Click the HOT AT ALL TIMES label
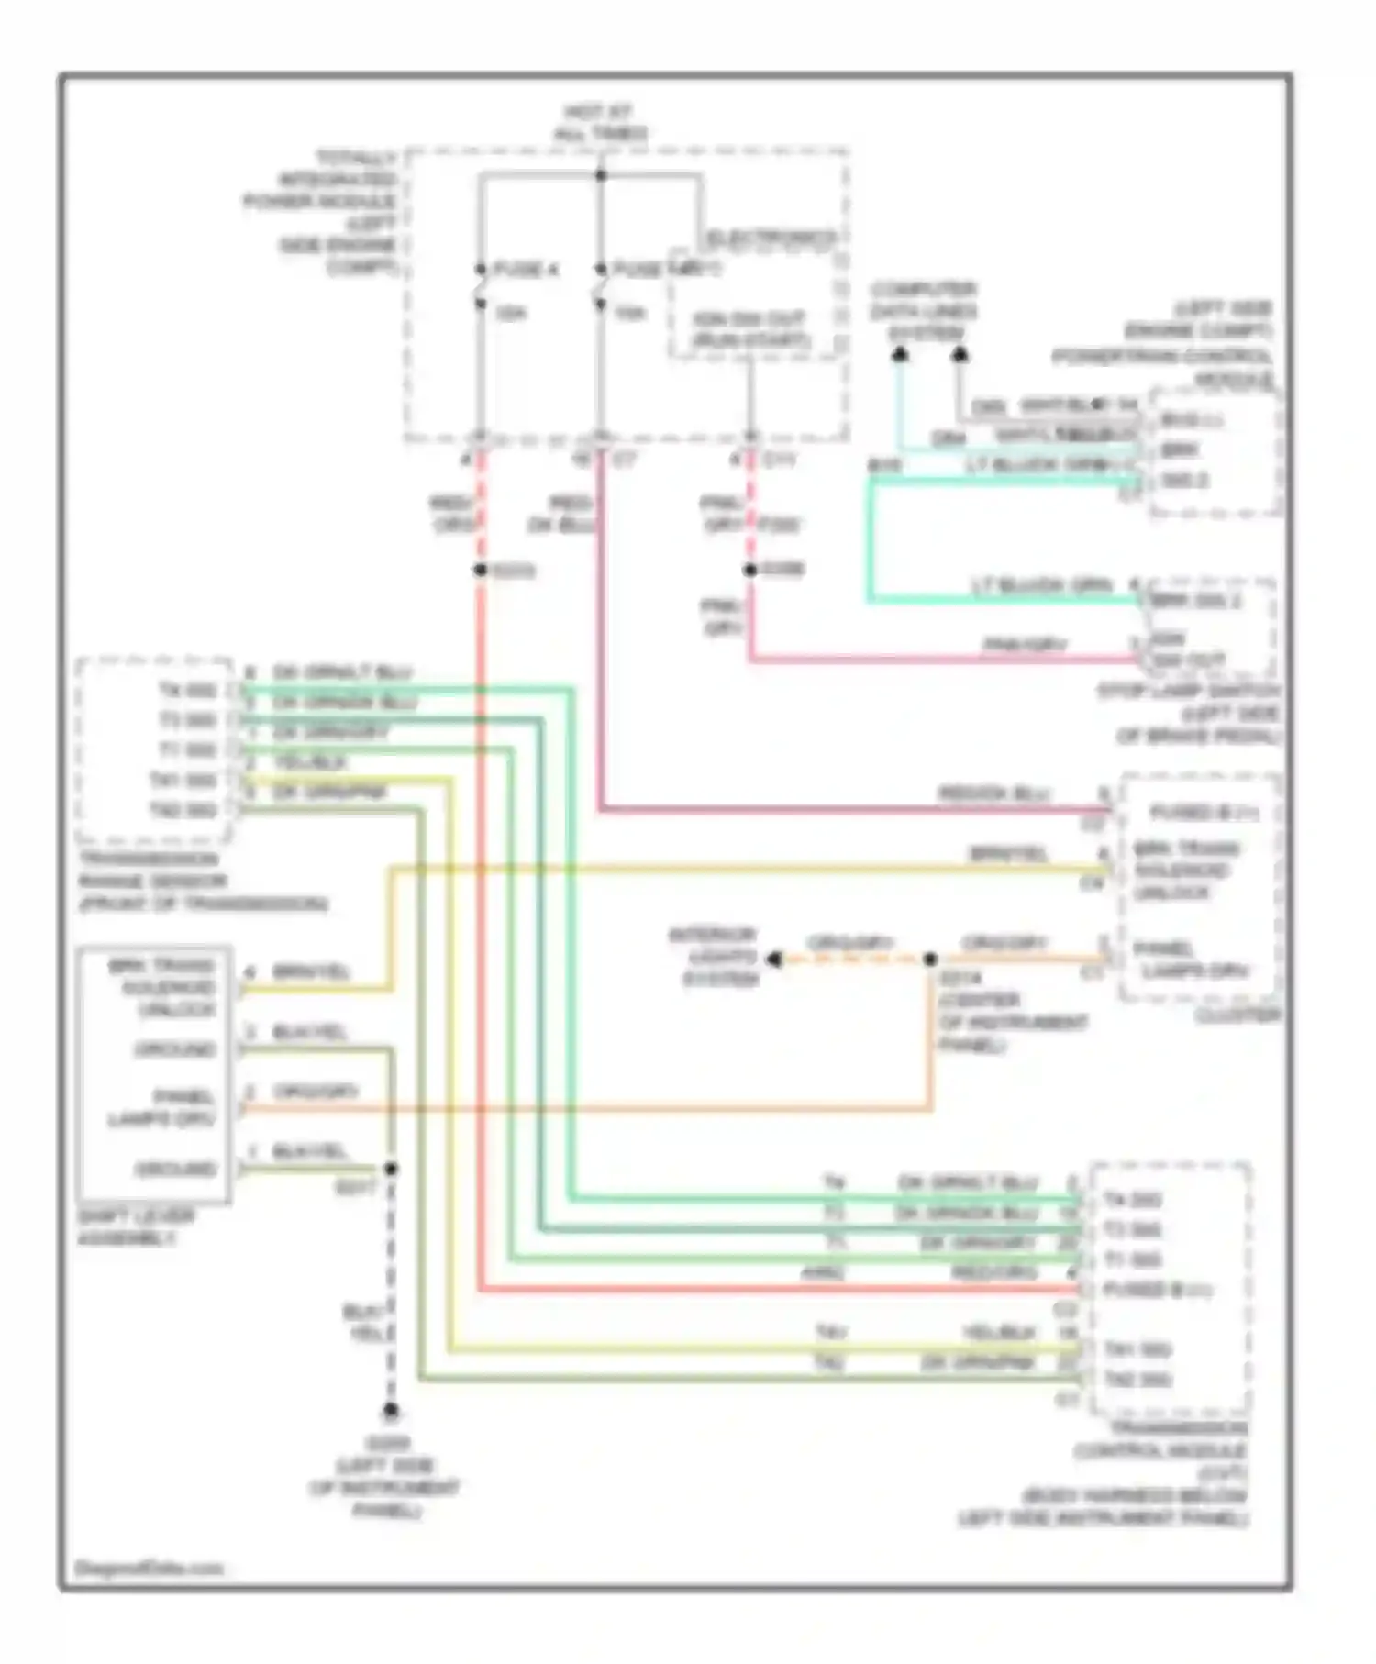[x=601, y=123]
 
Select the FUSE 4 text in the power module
[x=526, y=270]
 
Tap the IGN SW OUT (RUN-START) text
[x=749, y=329]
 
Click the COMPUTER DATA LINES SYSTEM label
[x=924, y=312]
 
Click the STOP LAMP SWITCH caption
[x=1189, y=691]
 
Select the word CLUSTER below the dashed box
[x=1237, y=1016]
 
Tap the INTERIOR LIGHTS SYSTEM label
[x=713, y=958]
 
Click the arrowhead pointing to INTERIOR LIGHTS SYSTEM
[x=774, y=960]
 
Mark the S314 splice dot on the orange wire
[x=930, y=960]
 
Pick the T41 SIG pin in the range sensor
[x=183, y=781]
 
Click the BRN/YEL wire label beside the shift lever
[x=312, y=972]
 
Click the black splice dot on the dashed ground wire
[x=391, y=1169]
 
